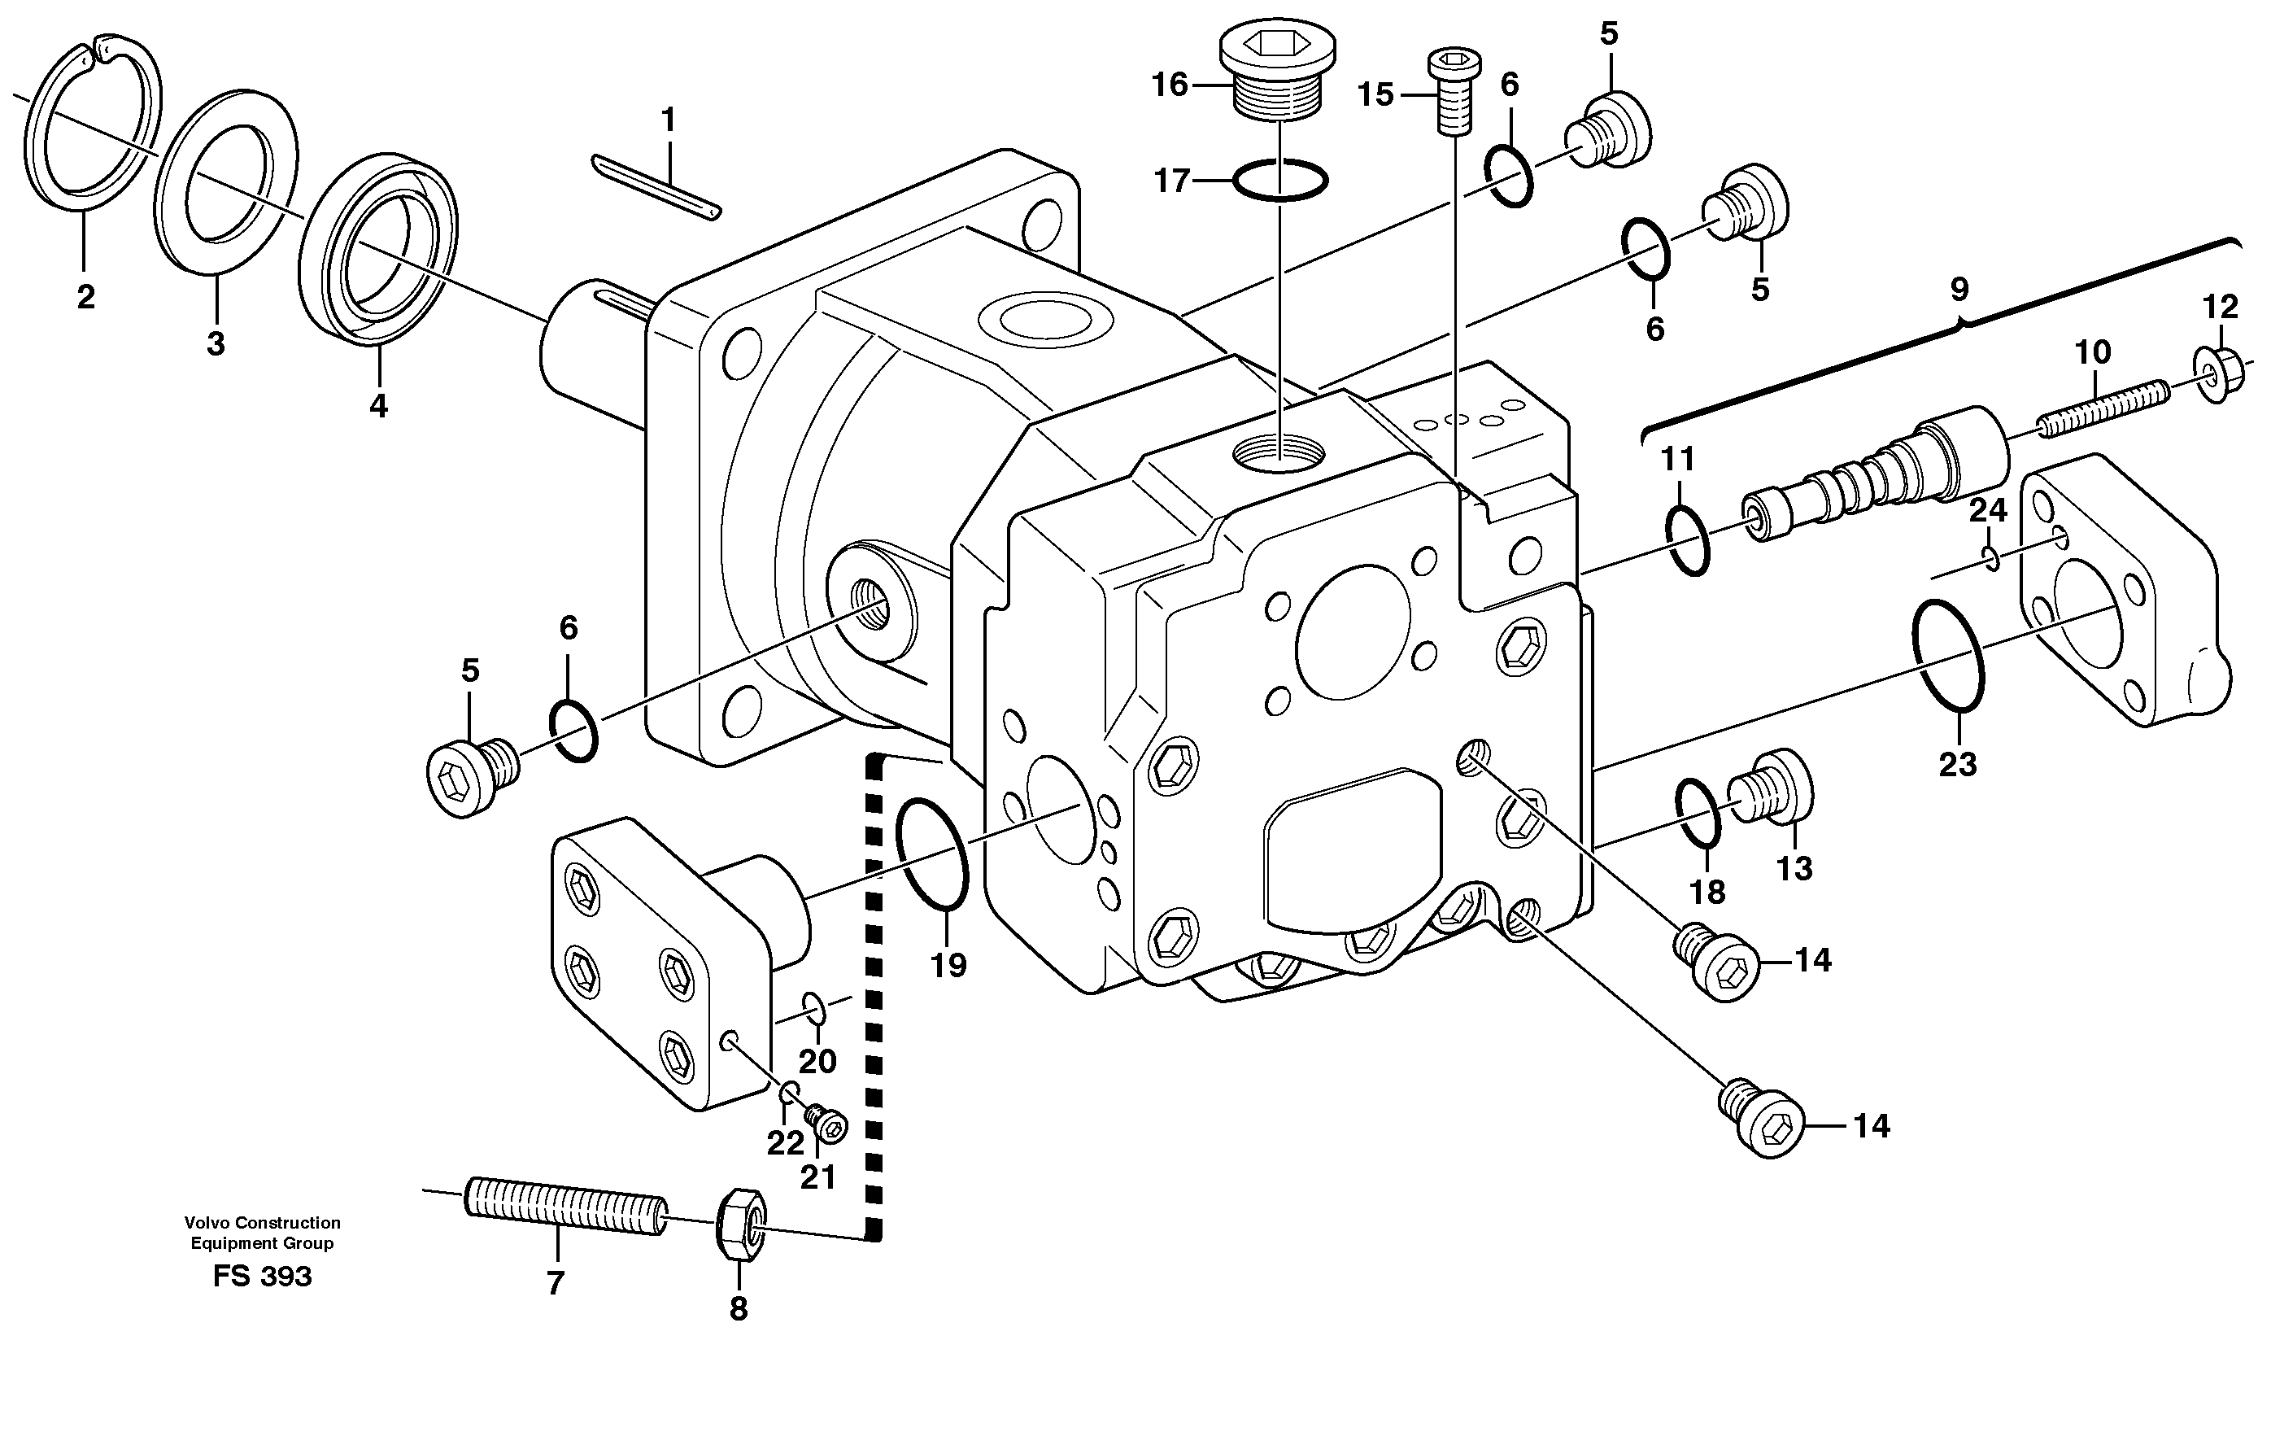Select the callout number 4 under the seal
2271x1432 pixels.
pos(377,407)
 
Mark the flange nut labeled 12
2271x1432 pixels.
pos(2223,375)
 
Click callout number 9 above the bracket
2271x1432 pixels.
pos(1959,289)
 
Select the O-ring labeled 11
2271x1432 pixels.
pos(1687,540)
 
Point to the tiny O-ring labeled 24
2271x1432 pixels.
pos(1992,560)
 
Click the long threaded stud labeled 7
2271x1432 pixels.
pos(566,1207)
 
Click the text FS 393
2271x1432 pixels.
pos(262,1277)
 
